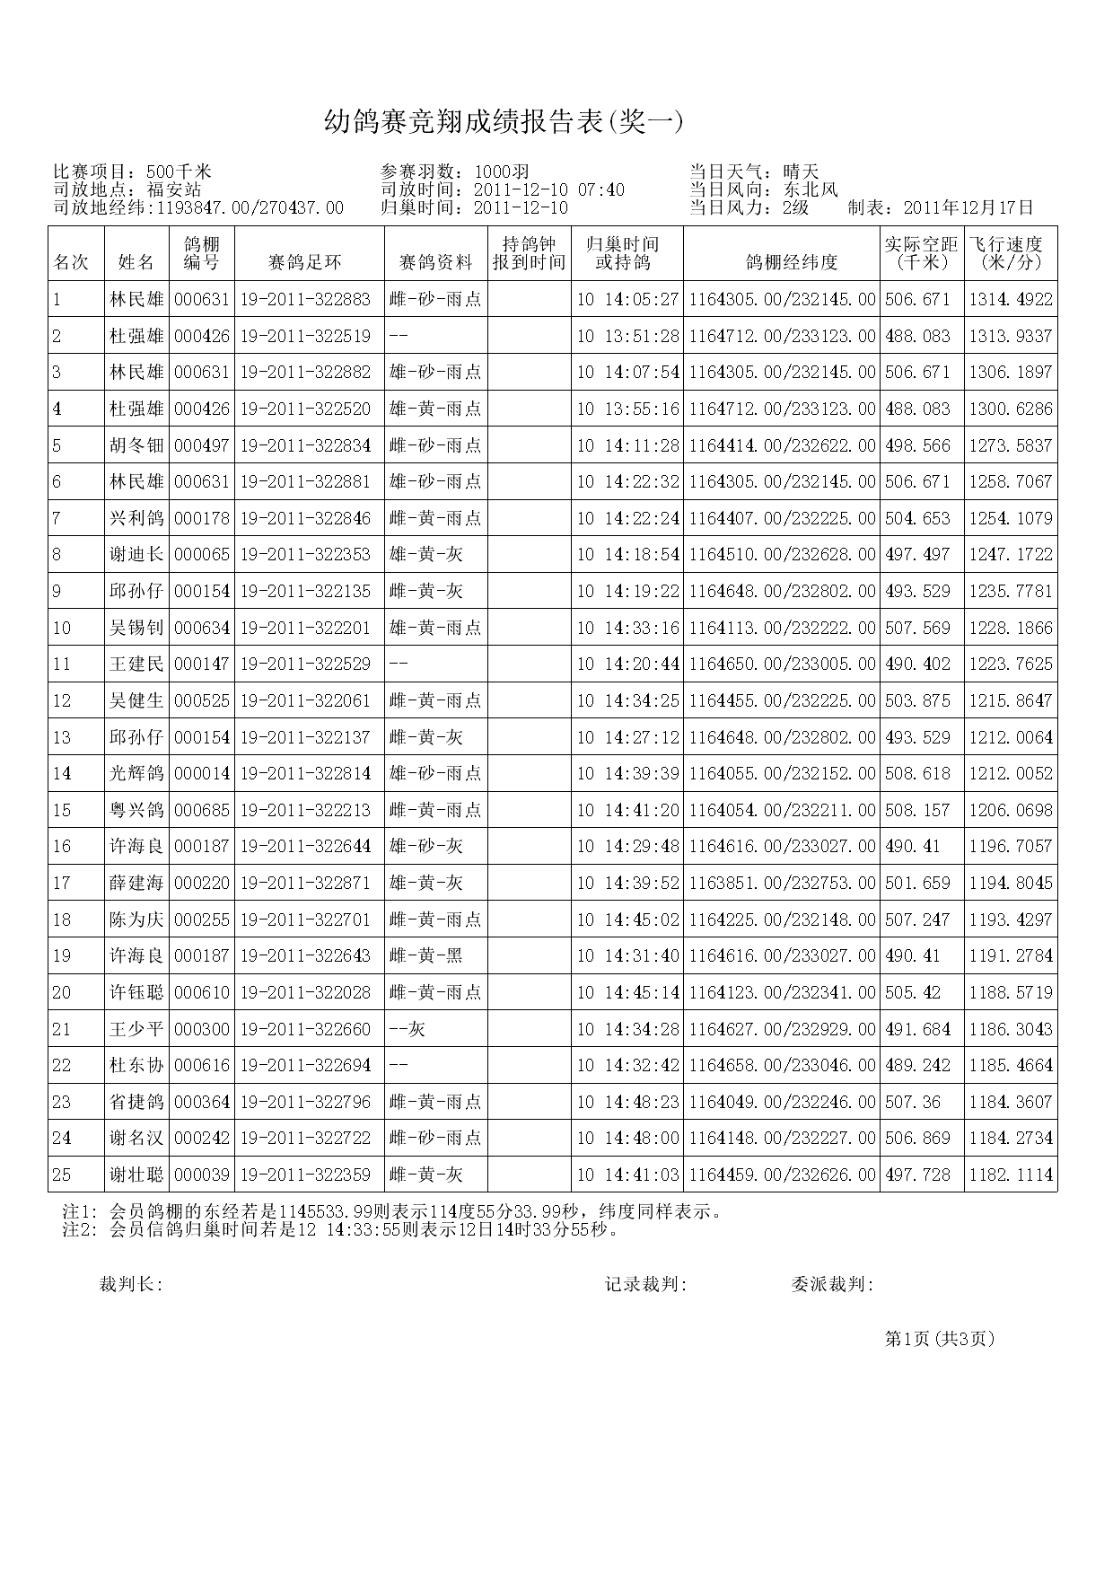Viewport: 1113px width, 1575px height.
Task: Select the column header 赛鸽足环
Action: point(305,262)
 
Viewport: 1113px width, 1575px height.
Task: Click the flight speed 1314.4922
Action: point(1010,300)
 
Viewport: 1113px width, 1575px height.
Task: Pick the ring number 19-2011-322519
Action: point(305,337)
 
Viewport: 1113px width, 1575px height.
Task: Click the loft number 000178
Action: point(201,519)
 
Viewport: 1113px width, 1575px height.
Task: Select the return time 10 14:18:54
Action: point(627,555)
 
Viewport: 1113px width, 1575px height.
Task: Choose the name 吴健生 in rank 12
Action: point(136,701)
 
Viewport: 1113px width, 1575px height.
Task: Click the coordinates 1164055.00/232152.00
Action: point(782,774)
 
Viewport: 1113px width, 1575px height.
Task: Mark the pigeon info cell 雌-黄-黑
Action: point(426,956)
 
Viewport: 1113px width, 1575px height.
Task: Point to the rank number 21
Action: point(61,1029)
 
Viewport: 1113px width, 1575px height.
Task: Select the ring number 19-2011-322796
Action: point(305,1102)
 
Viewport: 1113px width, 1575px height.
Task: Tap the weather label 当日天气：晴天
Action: point(754,172)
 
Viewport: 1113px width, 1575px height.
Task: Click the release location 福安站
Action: point(174,189)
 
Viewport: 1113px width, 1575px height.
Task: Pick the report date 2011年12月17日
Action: point(968,208)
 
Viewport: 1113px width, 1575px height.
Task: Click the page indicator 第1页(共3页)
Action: point(940,1339)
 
